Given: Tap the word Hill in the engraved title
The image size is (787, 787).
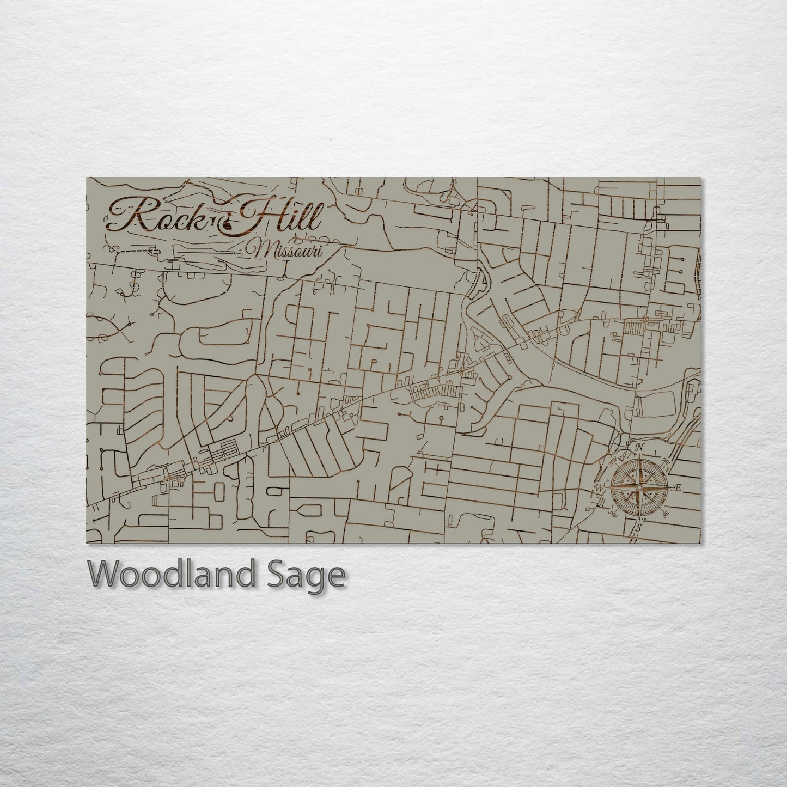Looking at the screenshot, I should [280, 216].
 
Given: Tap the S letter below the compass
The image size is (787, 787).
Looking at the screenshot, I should [638, 527].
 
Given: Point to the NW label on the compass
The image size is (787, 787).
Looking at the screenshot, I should [613, 461].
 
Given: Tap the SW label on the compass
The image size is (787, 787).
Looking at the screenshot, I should [613, 513].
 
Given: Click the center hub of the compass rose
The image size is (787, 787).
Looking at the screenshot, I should [639, 487].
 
